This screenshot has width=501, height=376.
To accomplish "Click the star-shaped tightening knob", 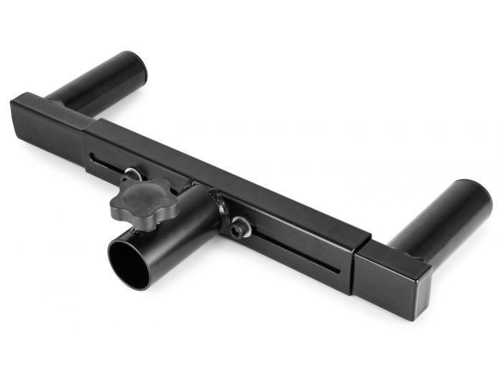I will pyautogui.click(x=142, y=201).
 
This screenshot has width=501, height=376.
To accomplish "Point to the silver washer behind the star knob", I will pyautogui.click(x=133, y=175).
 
